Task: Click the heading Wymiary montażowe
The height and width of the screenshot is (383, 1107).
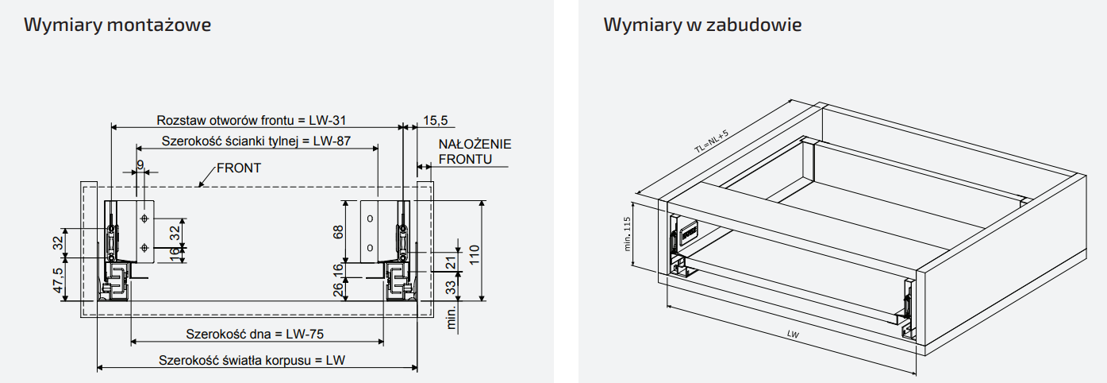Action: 117,25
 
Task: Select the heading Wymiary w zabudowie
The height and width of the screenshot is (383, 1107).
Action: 702,25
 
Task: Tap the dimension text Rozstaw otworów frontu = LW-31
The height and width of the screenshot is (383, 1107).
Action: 252,120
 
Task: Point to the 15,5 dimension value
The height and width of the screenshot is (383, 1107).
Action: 435,120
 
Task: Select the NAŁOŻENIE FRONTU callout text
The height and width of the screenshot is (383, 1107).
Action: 475,151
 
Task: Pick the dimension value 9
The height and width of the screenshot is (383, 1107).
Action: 140,164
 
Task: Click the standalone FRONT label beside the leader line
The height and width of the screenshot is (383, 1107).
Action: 239,168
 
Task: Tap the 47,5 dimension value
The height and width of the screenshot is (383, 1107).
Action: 58,280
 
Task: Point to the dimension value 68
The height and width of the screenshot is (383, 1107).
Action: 338,231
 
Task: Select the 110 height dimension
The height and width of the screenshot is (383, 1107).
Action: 475,256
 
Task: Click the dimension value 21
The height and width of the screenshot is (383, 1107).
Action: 450,263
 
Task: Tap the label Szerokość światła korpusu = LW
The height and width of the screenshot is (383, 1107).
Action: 252,360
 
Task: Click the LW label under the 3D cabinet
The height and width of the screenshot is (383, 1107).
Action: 793,335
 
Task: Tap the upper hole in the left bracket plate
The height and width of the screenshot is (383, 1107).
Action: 144,218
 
